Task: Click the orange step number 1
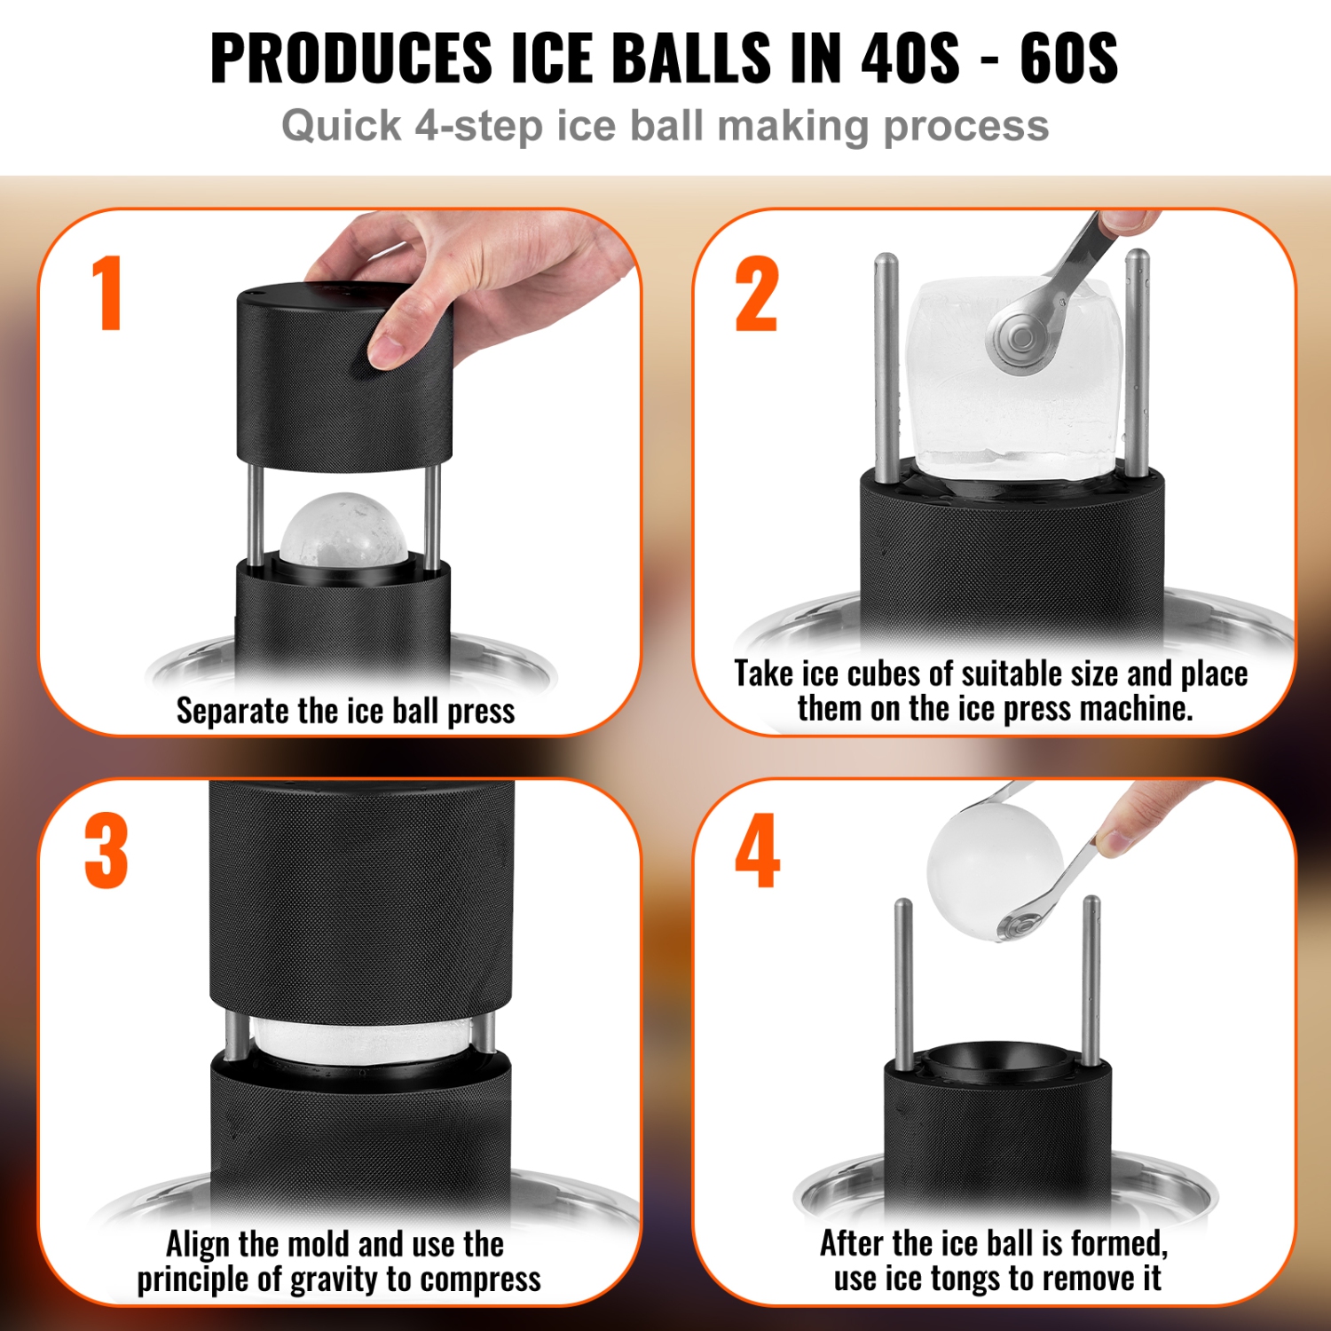tap(107, 293)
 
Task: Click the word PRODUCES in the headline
tap(350, 59)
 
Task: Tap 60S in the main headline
tap(1068, 59)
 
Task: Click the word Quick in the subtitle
tap(341, 126)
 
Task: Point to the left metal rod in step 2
tap(885, 368)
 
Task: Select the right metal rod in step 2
tap(1137, 364)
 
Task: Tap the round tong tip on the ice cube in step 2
tap(1019, 338)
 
